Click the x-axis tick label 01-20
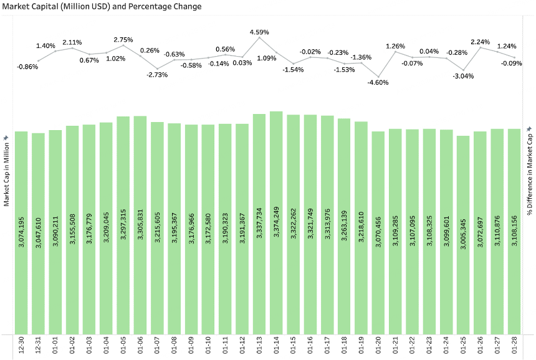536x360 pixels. [378, 345]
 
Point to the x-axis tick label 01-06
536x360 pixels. [140, 345]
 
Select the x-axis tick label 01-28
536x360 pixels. [514, 345]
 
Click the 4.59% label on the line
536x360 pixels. [259, 31]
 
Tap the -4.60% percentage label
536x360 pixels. [378, 82]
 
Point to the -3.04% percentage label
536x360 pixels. [463, 76]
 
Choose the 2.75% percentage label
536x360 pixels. [123, 39]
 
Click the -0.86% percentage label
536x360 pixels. [27, 67]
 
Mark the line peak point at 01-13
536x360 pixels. [259, 38]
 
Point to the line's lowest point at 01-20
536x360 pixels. [378, 75]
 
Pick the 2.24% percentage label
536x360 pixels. [480, 42]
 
